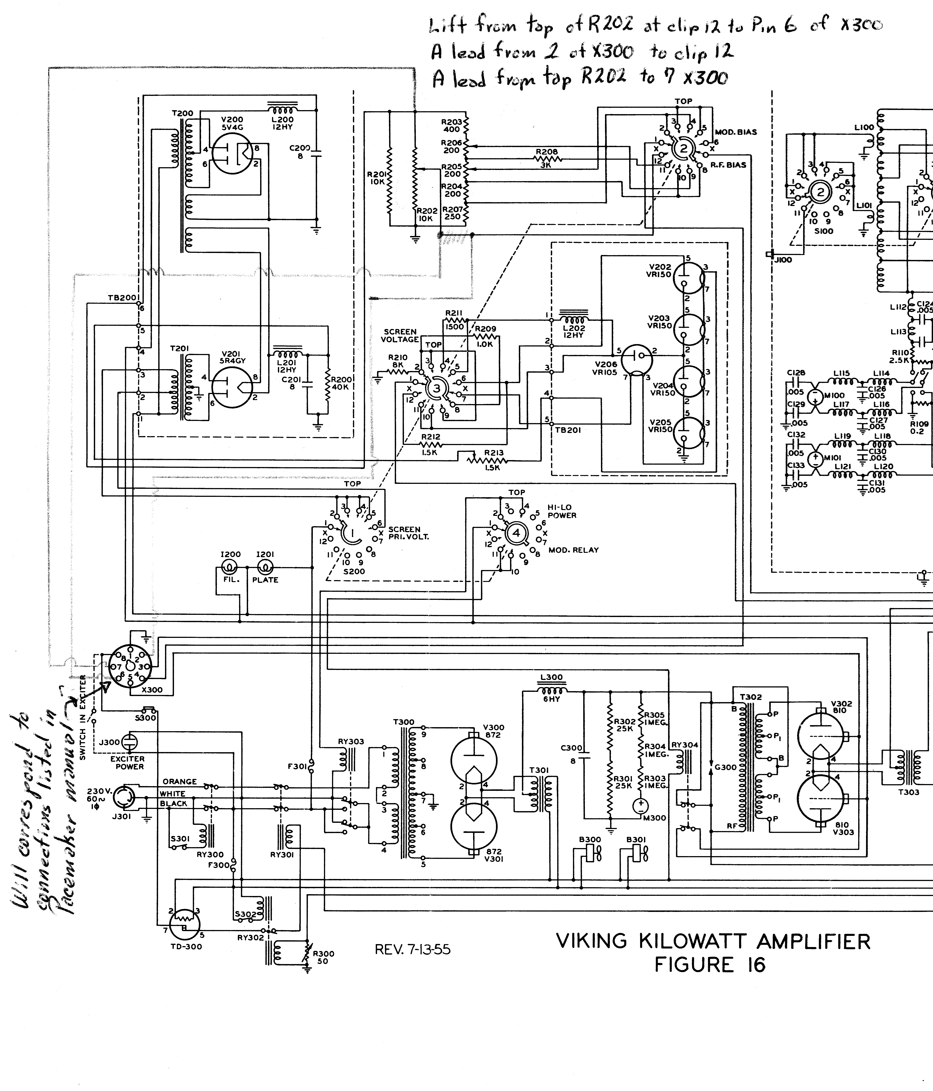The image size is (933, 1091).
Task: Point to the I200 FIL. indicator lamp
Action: tap(230, 567)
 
